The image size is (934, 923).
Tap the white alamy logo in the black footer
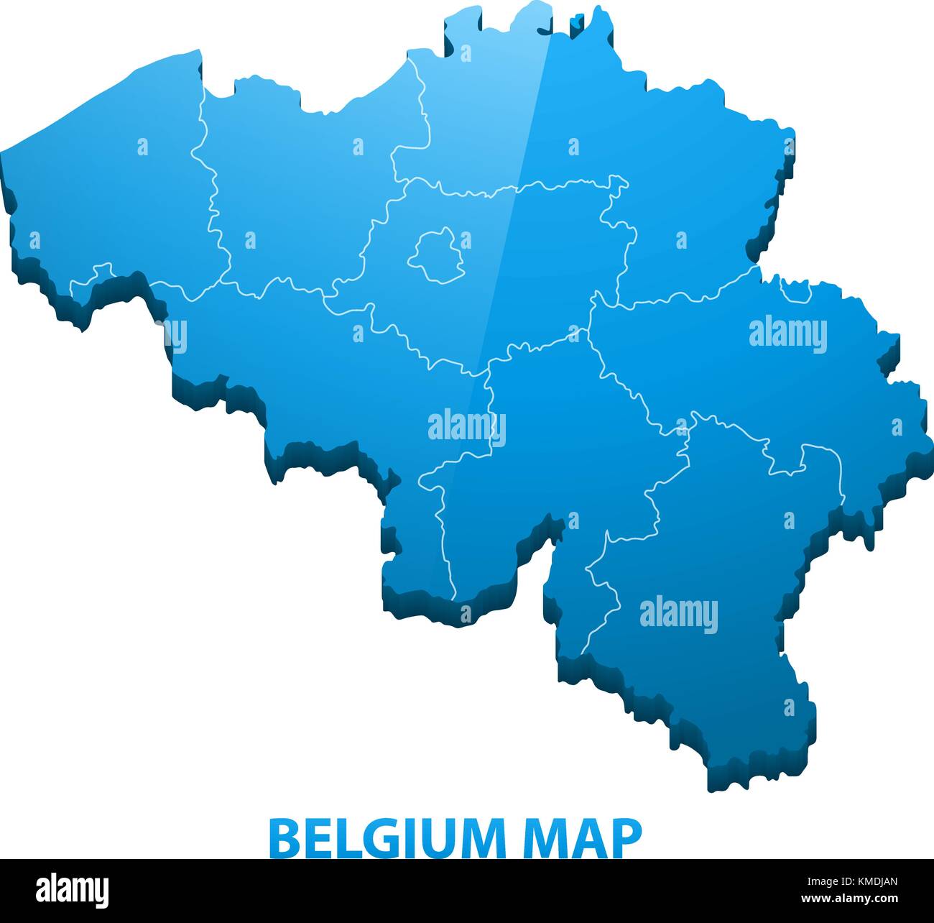tap(73, 890)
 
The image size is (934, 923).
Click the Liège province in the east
tap(754, 374)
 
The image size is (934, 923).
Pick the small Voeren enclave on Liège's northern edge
tap(796, 291)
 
